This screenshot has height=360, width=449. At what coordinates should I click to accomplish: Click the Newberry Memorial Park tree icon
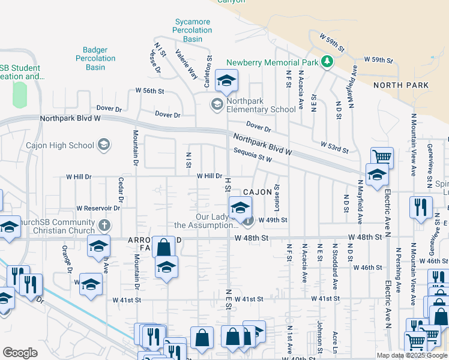click(x=327, y=61)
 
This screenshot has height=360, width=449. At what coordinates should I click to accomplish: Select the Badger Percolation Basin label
click(x=95, y=58)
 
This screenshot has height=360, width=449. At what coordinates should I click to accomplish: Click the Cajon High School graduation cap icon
click(x=104, y=145)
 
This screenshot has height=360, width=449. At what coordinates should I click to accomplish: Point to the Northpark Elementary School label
click(x=258, y=110)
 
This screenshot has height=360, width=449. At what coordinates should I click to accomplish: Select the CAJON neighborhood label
click(x=258, y=191)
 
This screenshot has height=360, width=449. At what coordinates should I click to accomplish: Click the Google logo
click(x=20, y=352)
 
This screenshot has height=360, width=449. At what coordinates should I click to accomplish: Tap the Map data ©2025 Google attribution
click(x=412, y=355)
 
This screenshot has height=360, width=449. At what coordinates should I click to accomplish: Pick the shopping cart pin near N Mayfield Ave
click(x=382, y=157)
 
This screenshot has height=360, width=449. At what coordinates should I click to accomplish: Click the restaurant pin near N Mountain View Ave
click(x=421, y=206)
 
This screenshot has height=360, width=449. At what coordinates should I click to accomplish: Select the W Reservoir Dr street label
click(x=98, y=208)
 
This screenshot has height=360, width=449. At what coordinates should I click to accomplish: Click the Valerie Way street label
click(x=185, y=65)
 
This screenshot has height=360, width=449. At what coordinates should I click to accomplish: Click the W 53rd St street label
click(x=334, y=146)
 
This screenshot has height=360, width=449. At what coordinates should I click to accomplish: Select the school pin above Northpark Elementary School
click(x=227, y=80)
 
